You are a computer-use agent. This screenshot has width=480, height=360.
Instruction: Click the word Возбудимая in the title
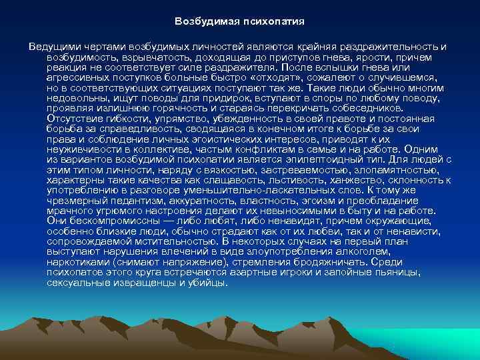point(201,21)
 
